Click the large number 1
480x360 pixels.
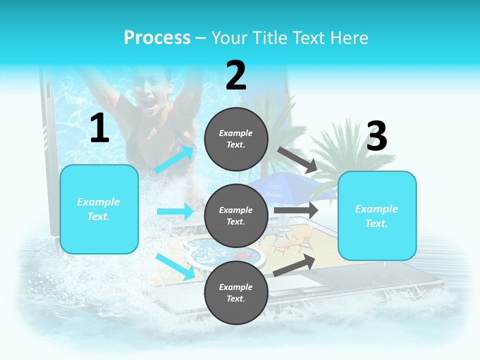click(x=99, y=128)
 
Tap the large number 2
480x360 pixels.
click(x=236, y=75)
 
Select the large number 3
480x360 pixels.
click(x=376, y=136)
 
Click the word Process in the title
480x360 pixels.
click(x=157, y=38)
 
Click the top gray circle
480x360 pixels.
click(x=236, y=139)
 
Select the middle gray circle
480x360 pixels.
click(x=236, y=215)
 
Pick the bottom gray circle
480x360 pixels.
click(x=236, y=292)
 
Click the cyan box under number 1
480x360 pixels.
click(x=99, y=209)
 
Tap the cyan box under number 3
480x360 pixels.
click(x=376, y=216)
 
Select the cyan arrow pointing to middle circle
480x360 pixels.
click(x=175, y=211)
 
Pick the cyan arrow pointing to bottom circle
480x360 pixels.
click(x=175, y=266)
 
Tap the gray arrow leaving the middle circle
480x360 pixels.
click(x=296, y=210)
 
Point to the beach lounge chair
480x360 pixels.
click(x=292, y=242)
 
